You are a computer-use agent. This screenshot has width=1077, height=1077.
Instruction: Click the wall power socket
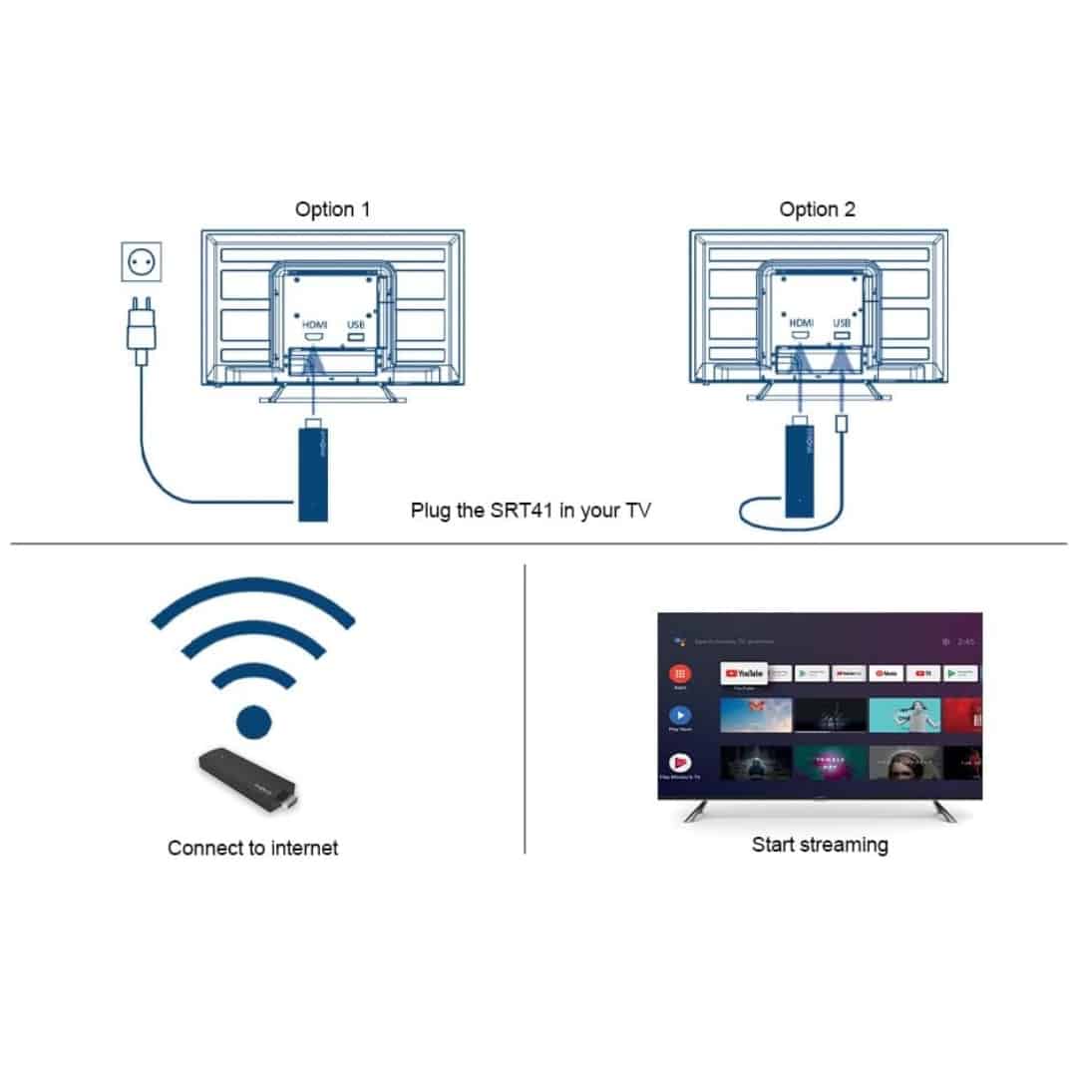tap(141, 262)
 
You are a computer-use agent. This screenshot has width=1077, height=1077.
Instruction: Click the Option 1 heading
tap(332, 209)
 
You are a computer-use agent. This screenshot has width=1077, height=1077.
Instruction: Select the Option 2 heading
tap(817, 209)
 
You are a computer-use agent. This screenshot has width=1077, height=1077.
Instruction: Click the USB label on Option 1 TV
tap(356, 324)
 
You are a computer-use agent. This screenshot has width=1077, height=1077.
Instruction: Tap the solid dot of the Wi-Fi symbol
tap(251, 719)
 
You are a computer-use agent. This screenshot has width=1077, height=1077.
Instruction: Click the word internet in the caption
tap(298, 848)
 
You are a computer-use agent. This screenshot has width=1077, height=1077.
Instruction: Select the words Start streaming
tap(819, 845)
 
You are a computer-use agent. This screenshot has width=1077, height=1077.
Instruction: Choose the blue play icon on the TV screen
tap(681, 715)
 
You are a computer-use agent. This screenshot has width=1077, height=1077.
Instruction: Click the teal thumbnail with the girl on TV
tap(904, 714)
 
